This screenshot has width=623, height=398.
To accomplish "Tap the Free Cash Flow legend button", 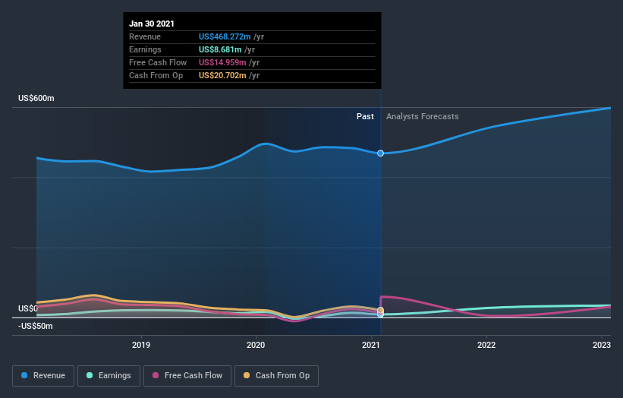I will coord(187,375).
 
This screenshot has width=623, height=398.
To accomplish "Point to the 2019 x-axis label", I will coord(141,346).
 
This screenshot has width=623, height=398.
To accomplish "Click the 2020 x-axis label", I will coord(256,346).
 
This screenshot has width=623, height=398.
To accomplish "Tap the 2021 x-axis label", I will coord(372,346).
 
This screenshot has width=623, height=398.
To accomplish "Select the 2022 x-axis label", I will coord(486,346).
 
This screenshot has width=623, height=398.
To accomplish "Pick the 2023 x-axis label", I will coord(602,346).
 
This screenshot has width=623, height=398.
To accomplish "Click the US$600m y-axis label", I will coord(36,99).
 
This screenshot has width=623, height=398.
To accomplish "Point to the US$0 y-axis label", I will coord(28,308).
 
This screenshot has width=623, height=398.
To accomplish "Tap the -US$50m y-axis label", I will coord(36,326).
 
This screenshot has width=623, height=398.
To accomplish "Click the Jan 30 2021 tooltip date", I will coord(152,24).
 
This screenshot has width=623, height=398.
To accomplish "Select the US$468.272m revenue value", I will coord(225,36).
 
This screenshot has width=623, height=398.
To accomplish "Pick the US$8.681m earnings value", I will coord(220,49).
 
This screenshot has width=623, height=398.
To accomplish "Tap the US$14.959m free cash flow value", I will coord(222,62).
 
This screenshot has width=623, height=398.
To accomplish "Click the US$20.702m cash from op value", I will coord(222,75).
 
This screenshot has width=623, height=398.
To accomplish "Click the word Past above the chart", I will coord(365,116).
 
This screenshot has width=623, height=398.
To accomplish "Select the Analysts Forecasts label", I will coord(422,116).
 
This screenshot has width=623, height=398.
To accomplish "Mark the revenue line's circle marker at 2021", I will coord(380,153).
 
